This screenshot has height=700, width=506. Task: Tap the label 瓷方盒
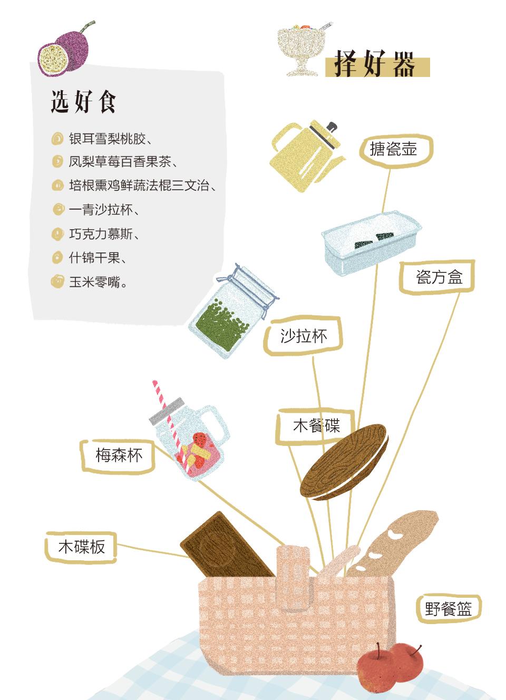436,277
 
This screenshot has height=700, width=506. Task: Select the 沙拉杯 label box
303,336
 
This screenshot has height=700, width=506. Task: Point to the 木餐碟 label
315,425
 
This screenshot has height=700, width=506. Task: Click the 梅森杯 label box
118,456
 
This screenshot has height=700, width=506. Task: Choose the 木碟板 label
81,548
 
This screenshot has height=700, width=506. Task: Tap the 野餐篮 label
448,608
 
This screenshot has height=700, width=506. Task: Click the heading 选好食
83,101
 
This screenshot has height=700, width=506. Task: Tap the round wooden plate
344,462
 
